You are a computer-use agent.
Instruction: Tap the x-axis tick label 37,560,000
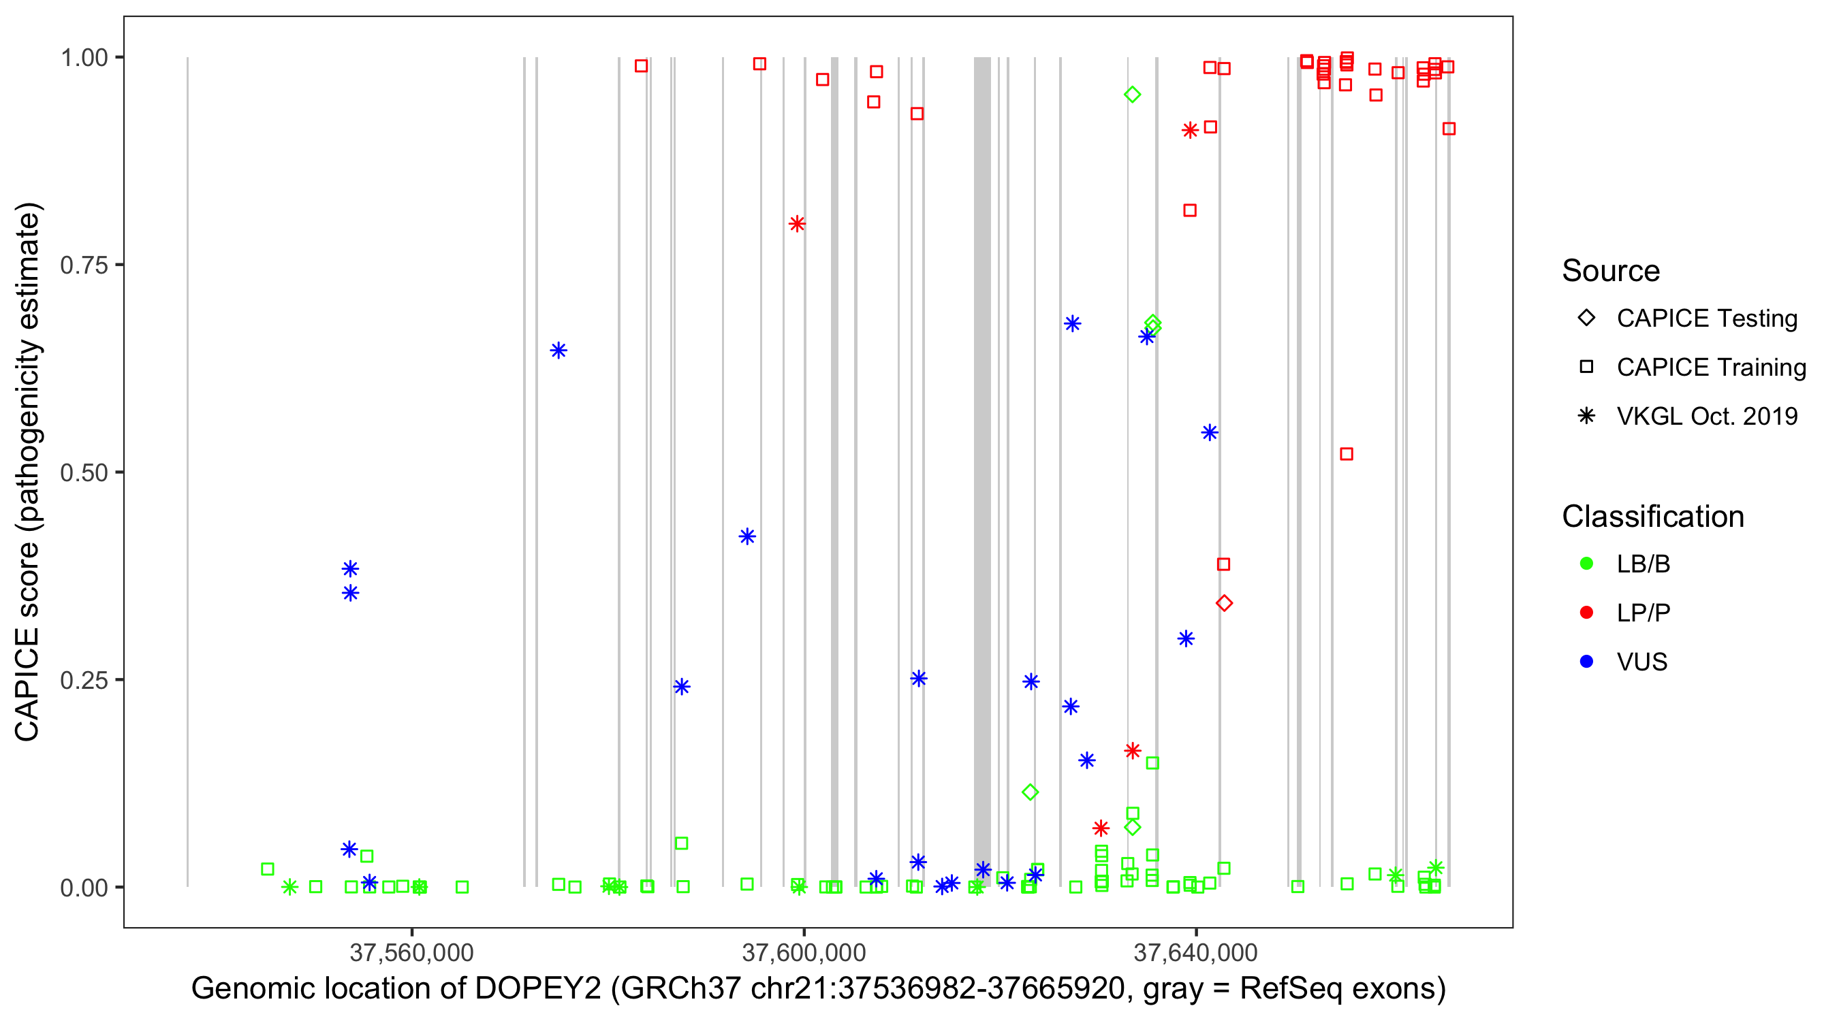(x=412, y=952)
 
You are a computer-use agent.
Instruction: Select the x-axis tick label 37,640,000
(x=1196, y=952)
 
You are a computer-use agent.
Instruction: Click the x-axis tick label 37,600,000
(x=804, y=952)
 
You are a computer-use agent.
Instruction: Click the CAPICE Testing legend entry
(x=1706, y=319)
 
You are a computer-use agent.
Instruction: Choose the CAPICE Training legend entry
(x=1710, y=368)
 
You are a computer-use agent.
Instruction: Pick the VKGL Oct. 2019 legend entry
(x=1706, y=416)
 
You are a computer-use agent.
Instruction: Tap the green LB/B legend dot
(x=1586, y=564)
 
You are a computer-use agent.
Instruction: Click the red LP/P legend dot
(x=1586, y=613)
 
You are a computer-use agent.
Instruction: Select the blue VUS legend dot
(x=1586, y=662)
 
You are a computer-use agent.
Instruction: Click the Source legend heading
(x=1611, y=271)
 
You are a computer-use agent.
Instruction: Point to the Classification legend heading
(x=1652, y=517)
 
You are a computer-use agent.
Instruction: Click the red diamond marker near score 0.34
(x=1225, y=604)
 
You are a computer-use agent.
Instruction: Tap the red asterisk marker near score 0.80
(x=798, y=224)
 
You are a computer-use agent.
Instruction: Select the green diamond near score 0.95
(x=1132, y=94)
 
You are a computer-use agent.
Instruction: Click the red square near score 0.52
(x=1347, y=454)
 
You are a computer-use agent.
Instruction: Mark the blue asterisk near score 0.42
(x=746, y=536)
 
